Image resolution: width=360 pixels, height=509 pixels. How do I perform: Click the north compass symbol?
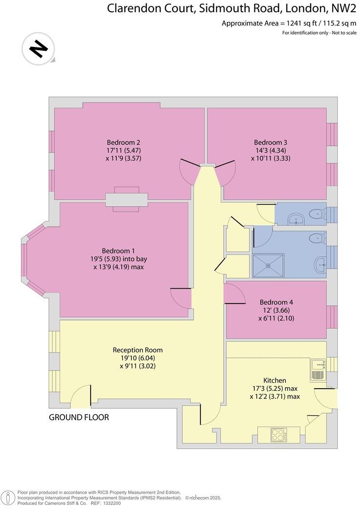click(38, 48)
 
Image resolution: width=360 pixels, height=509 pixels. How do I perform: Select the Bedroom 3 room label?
click(267, 142)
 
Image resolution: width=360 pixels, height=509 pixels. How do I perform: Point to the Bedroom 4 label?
click(276, 302)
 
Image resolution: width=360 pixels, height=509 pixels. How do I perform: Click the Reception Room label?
click(137, 350)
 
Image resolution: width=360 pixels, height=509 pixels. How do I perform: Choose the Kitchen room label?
click(274, 380)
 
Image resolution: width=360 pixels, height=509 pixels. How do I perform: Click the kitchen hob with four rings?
click(279, 435)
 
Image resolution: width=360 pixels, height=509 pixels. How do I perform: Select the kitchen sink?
click(318, 370)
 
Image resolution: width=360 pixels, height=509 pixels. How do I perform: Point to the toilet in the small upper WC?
click(317, 213)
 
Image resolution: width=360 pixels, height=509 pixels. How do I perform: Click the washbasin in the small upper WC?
click(296, 219)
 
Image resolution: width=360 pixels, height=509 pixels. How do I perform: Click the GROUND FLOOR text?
click(79, 417)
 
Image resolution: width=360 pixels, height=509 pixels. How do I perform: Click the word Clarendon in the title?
click(134, 8)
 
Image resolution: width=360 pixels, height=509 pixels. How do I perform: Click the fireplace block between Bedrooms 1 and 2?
click(126, 200)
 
